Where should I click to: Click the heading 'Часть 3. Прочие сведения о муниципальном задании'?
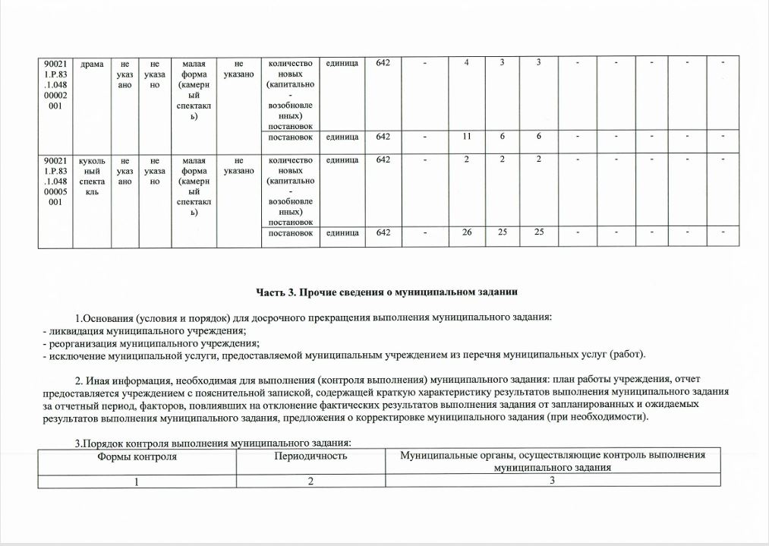(x=386, y=292)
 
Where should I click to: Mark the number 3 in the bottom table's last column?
(x=553, y=481)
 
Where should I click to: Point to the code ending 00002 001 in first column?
(x=55, y=85)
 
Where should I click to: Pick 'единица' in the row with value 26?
(x=342, y=232)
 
